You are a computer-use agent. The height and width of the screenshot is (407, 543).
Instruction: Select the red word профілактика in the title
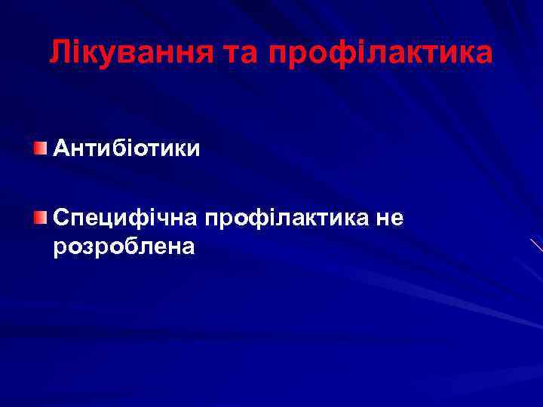381,53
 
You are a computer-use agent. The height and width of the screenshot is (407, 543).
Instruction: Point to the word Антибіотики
127,148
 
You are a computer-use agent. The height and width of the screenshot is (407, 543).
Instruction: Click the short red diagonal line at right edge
536,244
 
